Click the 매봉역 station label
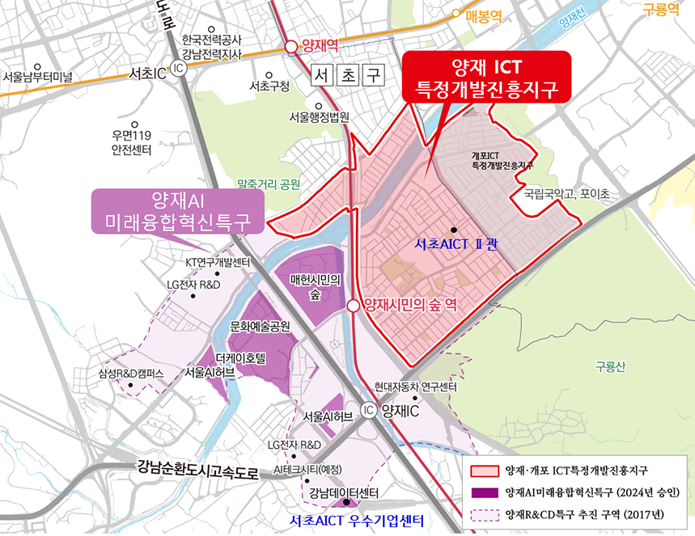(x=484, y=15)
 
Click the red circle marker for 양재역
(x=290, y=46)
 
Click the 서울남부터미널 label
(x=37, y=78)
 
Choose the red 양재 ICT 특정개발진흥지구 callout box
(x=486, y=77)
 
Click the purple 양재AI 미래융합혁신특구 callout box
(x=172, y=211)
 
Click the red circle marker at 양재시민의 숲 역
(x=354, y=305)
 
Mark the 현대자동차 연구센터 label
(x=416, y=387)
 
